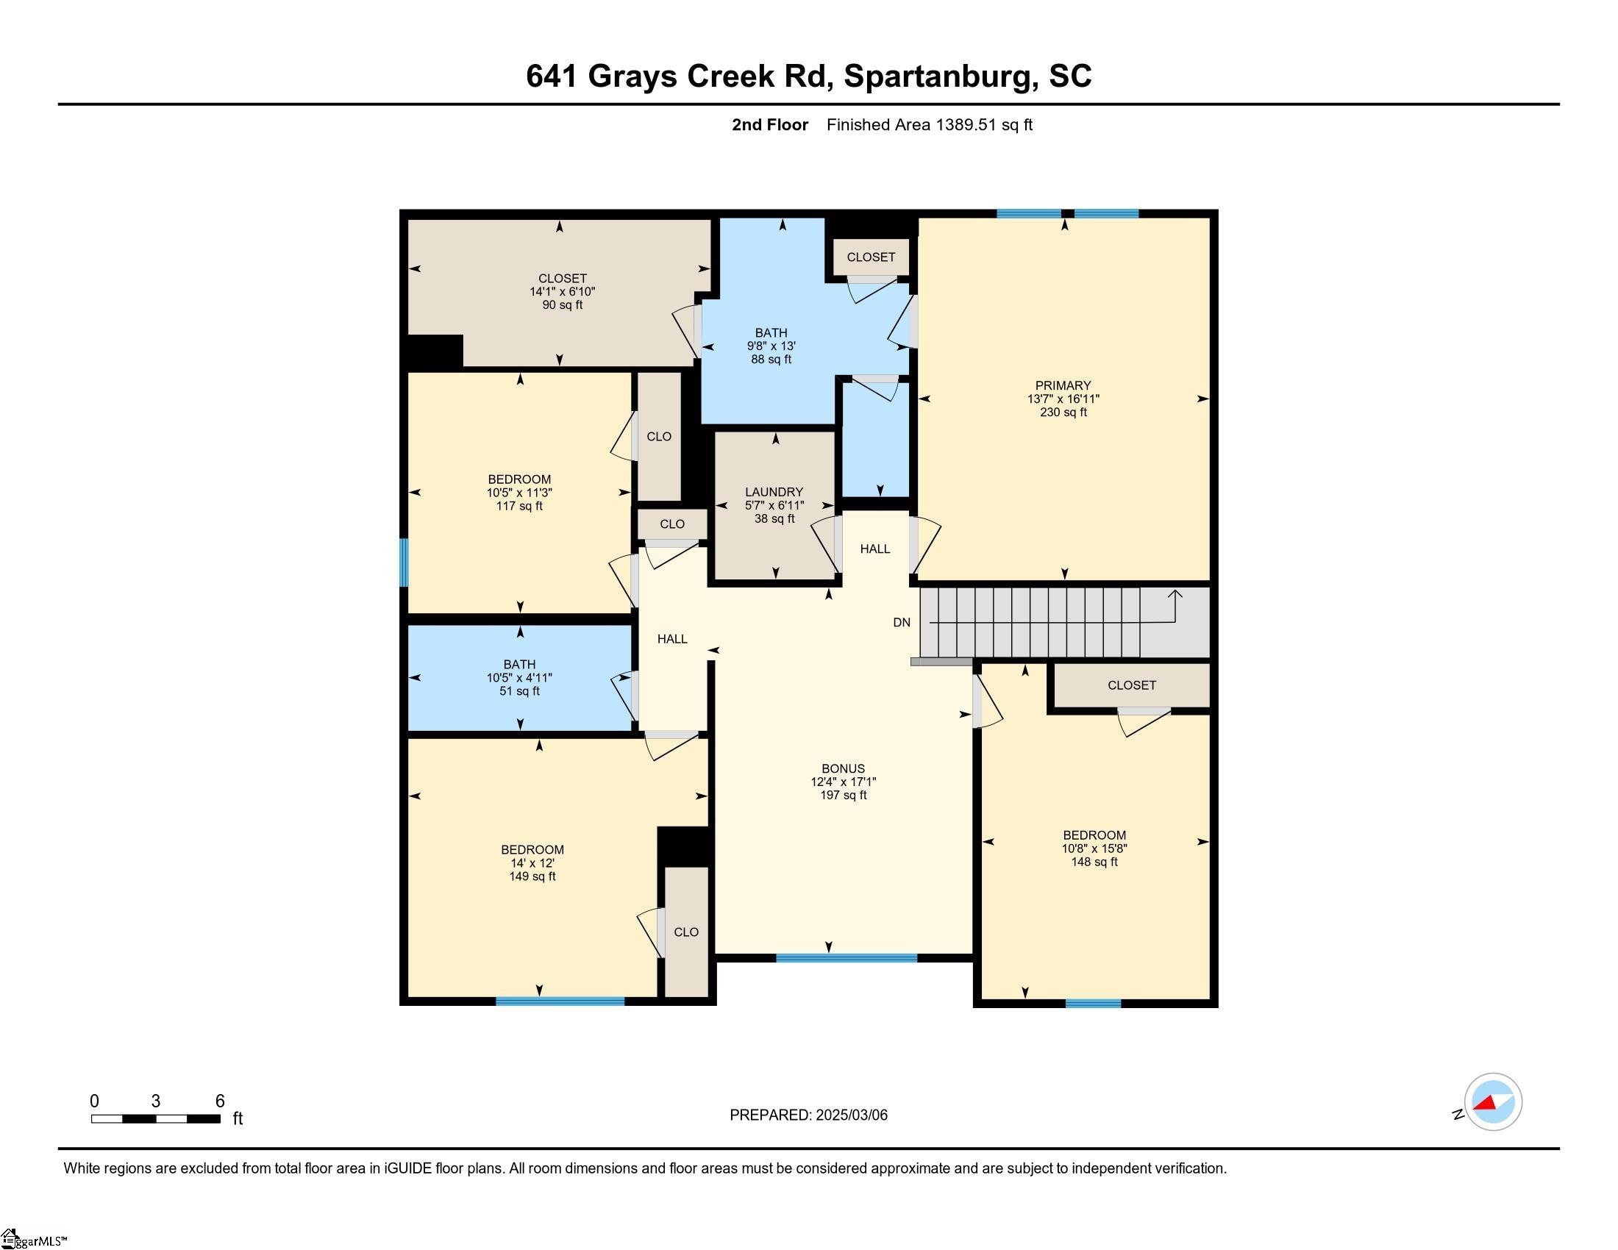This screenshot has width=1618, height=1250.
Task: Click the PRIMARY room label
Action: [x=1063, y=385]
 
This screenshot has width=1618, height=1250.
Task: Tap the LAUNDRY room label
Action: [x=774, y=492]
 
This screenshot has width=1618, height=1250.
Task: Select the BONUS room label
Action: [x=843, y=768]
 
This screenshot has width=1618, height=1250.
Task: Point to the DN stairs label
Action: [x=901, y=622]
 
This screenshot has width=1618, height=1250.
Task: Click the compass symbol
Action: [x=1492, y=1102]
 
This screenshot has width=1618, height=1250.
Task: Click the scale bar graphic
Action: [x=156, y=1118]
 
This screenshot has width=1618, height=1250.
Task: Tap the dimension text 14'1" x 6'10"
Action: [x=562, y=292]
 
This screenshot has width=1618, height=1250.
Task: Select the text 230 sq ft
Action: [x=1063, y=413]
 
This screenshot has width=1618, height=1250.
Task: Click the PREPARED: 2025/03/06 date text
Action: [x=808, y=1115]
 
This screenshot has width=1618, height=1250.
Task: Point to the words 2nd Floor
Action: [x=769, y=124]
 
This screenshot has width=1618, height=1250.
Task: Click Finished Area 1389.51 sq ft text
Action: [x=929, y=124]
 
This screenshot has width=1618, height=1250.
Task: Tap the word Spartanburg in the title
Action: [x=938, y=76]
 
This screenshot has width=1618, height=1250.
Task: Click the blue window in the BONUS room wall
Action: [x=846, y=957]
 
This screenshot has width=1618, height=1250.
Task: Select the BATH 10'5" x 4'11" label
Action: [x=518, y=676]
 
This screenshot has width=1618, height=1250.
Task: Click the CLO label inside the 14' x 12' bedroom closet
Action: [x=686, y=932]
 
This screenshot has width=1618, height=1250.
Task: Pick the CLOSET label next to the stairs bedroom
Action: [x=1131, y=685]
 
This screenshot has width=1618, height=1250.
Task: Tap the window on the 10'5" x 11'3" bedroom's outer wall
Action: [x=404, y=562]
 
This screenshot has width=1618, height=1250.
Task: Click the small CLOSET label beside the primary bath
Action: [x=871, y=257]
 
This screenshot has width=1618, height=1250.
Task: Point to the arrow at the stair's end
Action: [x=1175, y=594]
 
